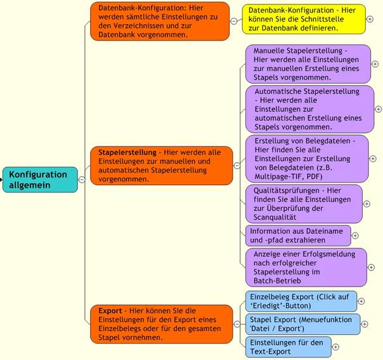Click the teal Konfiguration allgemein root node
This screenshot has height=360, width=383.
tap(40, 179)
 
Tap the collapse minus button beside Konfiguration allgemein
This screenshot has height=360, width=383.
tap(82, 179)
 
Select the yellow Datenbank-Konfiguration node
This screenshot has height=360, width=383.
tap(304, 19)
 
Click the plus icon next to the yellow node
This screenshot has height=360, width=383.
tap(370, 19)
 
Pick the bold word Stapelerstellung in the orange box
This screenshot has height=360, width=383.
tap(127, 152)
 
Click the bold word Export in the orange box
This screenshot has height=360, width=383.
tap(110, 311)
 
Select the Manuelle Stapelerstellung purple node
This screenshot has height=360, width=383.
tap(308, 64)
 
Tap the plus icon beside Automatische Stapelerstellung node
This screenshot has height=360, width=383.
tap(378, 109)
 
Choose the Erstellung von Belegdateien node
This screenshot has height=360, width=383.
tap(307, 158)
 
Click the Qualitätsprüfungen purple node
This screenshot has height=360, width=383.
tap(304, 204)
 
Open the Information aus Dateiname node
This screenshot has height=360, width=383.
tap(298, 236)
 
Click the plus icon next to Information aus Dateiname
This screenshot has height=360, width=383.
tap(355, 236)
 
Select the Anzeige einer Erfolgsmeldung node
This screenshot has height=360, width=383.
tap(306, 267)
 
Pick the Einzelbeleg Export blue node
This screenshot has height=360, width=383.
tap(301, 301)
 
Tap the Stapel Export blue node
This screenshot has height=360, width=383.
tap(302, 324)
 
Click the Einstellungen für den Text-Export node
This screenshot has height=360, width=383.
tap(289, 347)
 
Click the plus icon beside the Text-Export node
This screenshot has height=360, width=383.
tap(335, 347)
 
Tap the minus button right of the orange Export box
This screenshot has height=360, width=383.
tap(237, 324)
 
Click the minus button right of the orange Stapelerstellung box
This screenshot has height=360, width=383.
tap(237, 165)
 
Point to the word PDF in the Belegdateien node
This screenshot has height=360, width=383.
tap(313, 176)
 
